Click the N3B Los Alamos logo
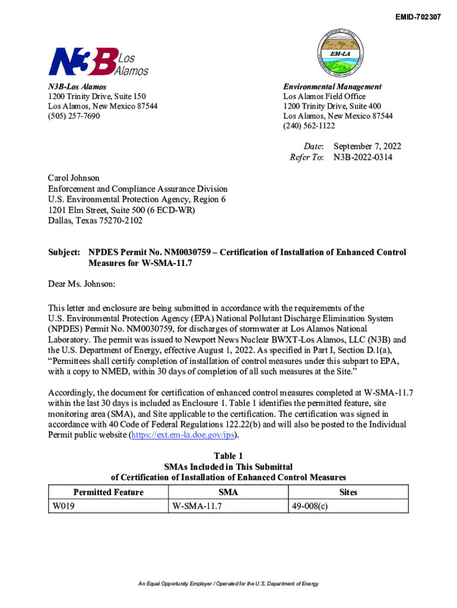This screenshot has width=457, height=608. point(98,61)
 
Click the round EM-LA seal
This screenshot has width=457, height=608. point(350,52)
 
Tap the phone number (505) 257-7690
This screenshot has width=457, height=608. point(74,116)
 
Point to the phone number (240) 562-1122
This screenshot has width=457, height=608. point(309,126)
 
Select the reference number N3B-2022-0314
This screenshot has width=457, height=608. point(363,157)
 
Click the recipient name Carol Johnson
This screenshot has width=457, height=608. point(74,178)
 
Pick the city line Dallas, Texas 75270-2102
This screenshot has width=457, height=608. point(95,221)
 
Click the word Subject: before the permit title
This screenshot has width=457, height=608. point(64,252)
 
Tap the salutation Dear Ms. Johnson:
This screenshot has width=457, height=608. point(81,284)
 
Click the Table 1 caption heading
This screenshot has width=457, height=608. point(228,455)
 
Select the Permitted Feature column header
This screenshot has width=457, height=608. point(108,492)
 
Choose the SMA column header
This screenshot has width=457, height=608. point(228,492)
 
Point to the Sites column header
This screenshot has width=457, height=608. point(348,492)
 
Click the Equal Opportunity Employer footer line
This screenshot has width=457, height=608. point(228,584)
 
